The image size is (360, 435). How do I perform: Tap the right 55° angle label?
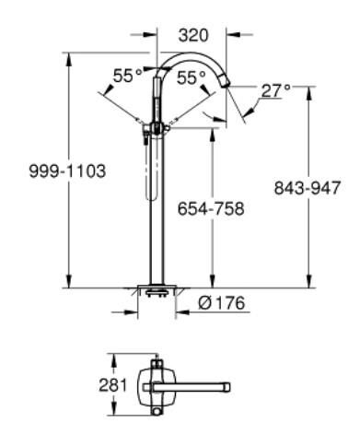click(192, 80)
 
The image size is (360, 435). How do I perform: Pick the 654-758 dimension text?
click(211, 208)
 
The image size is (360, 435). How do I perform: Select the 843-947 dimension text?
click(308, 188)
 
